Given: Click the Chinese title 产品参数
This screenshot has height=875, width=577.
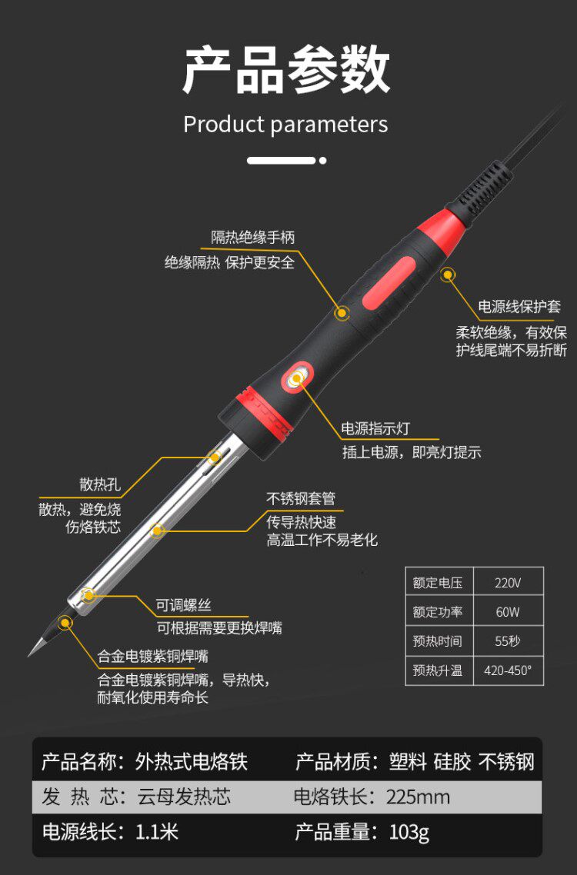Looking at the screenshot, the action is (286, 70).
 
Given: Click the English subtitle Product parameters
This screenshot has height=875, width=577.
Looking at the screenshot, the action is (285, 125).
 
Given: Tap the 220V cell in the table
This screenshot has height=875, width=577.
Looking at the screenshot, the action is (508, 583).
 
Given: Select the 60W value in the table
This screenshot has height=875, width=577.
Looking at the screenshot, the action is (508, 612).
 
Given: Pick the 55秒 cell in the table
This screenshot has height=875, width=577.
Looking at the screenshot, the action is (508, 641).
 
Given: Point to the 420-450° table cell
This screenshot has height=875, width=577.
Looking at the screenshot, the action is (508, 670).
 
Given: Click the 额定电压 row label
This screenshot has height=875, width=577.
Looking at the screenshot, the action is (438, 583).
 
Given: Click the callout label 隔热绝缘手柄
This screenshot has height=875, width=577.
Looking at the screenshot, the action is (252, 238).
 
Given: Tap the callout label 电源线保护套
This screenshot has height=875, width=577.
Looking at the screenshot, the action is (519, 306).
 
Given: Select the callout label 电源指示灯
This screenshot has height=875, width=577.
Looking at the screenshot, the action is (375, 428).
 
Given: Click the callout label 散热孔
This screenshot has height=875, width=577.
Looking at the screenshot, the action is (100, 484).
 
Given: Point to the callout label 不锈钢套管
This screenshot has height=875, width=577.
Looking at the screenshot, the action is (301, 498).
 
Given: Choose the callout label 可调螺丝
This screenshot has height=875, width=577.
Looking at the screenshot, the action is (183, 605).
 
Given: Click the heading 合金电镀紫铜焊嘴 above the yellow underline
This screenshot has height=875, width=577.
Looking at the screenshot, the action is (153, 657).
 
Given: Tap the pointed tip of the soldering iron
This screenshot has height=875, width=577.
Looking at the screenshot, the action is (29, 655).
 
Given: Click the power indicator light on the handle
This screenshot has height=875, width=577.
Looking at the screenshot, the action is (297, 379).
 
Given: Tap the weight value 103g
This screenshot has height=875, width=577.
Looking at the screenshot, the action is (409, 832).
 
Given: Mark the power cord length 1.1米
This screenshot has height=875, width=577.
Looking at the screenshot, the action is (157, 832).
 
